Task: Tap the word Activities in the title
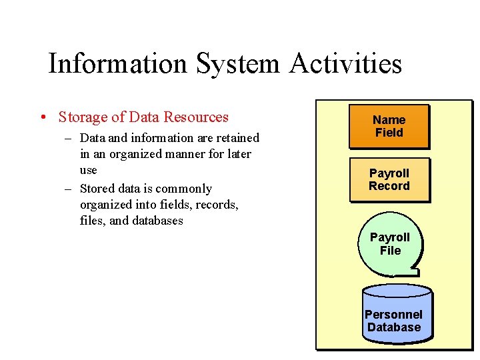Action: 346,64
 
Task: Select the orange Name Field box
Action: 389,127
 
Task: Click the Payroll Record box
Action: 389,179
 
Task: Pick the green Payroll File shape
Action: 390,244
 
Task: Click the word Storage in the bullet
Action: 83,117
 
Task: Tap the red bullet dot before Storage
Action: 42,118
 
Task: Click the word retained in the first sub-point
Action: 237,138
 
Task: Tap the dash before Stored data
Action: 68,189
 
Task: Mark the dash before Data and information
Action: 68,138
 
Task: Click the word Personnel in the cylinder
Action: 393,314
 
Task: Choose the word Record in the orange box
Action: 389,186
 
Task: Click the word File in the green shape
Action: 391,251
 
